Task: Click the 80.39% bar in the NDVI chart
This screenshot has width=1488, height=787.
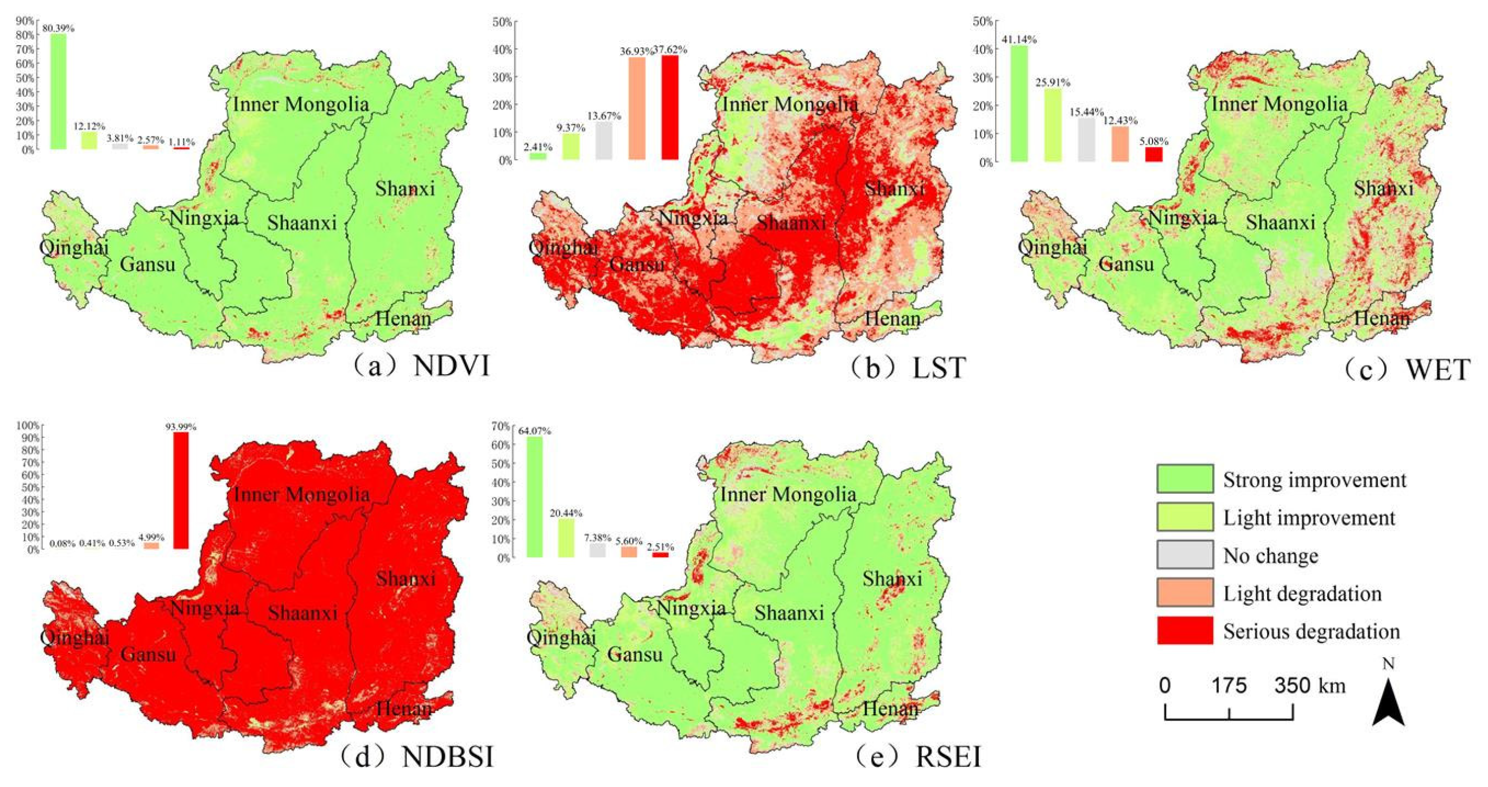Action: tap(58, 91)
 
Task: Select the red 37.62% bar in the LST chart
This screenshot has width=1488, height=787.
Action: tap(669, 108)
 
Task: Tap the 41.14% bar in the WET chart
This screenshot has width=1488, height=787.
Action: tap(1019, 103)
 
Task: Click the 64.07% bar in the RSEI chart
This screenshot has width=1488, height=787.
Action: tap(534, 496)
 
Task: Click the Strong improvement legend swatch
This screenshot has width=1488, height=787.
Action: tap(1185, 479)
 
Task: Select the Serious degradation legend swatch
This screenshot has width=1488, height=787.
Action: tap(1185, 631)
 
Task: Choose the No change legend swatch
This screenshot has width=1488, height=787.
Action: tap(1185, 555)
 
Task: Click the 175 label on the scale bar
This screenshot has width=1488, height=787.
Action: tap(1229, 686)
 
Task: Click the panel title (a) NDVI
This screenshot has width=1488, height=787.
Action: tap(422, 366)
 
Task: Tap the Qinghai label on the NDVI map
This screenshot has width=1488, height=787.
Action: tap(74, 247)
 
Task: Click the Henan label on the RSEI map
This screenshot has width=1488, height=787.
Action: tap(890, 709)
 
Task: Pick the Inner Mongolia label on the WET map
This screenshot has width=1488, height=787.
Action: tap(1279, 105)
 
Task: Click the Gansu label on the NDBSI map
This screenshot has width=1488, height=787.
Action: tap(148, 654)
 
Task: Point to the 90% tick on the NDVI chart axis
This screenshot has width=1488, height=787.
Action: tap(26, 21)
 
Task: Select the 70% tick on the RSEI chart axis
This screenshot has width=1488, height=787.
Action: tap(502, 426)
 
